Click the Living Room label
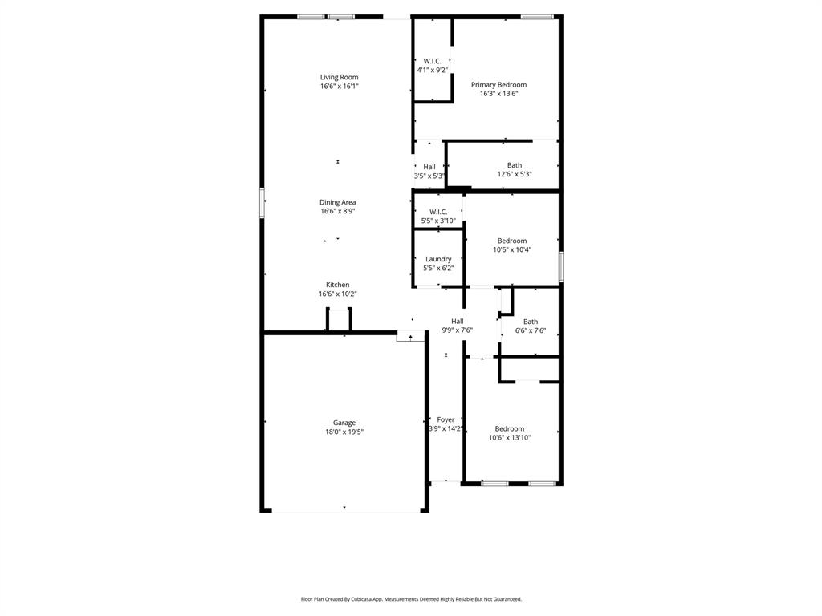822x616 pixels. (x=339, y=77)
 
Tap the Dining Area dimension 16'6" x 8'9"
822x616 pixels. (x=337, y=212)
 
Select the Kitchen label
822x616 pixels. (x=337, y=285)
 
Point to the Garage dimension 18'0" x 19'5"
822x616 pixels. (x=344, y=432)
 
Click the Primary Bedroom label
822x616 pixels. (x=498, y=84)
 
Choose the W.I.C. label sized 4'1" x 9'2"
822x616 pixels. (x=432, y=61)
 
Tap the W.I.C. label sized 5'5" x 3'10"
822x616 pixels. (x=438, y=212)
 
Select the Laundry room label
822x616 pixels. (x=438, y=259)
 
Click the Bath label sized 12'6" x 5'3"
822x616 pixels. (x=514, y=165)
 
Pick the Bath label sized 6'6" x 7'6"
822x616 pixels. (x=531, y=322)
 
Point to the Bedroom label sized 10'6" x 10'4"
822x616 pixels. (x=511, y=241)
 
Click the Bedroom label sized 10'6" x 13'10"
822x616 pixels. (x=509, y=428)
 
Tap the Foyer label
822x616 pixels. (x=446, y=419)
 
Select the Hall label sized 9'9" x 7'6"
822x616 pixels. (x=457, y=321)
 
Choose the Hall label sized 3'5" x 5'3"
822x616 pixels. (x=429, y=167)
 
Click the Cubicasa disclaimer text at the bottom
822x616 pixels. (x=411, y=599)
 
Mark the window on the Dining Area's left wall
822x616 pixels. (x=262, y=202)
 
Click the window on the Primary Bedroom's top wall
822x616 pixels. (x=537, y=16)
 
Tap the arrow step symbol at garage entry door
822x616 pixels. (x=411, y=338)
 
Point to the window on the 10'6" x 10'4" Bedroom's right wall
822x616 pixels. (x=561, y=265)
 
